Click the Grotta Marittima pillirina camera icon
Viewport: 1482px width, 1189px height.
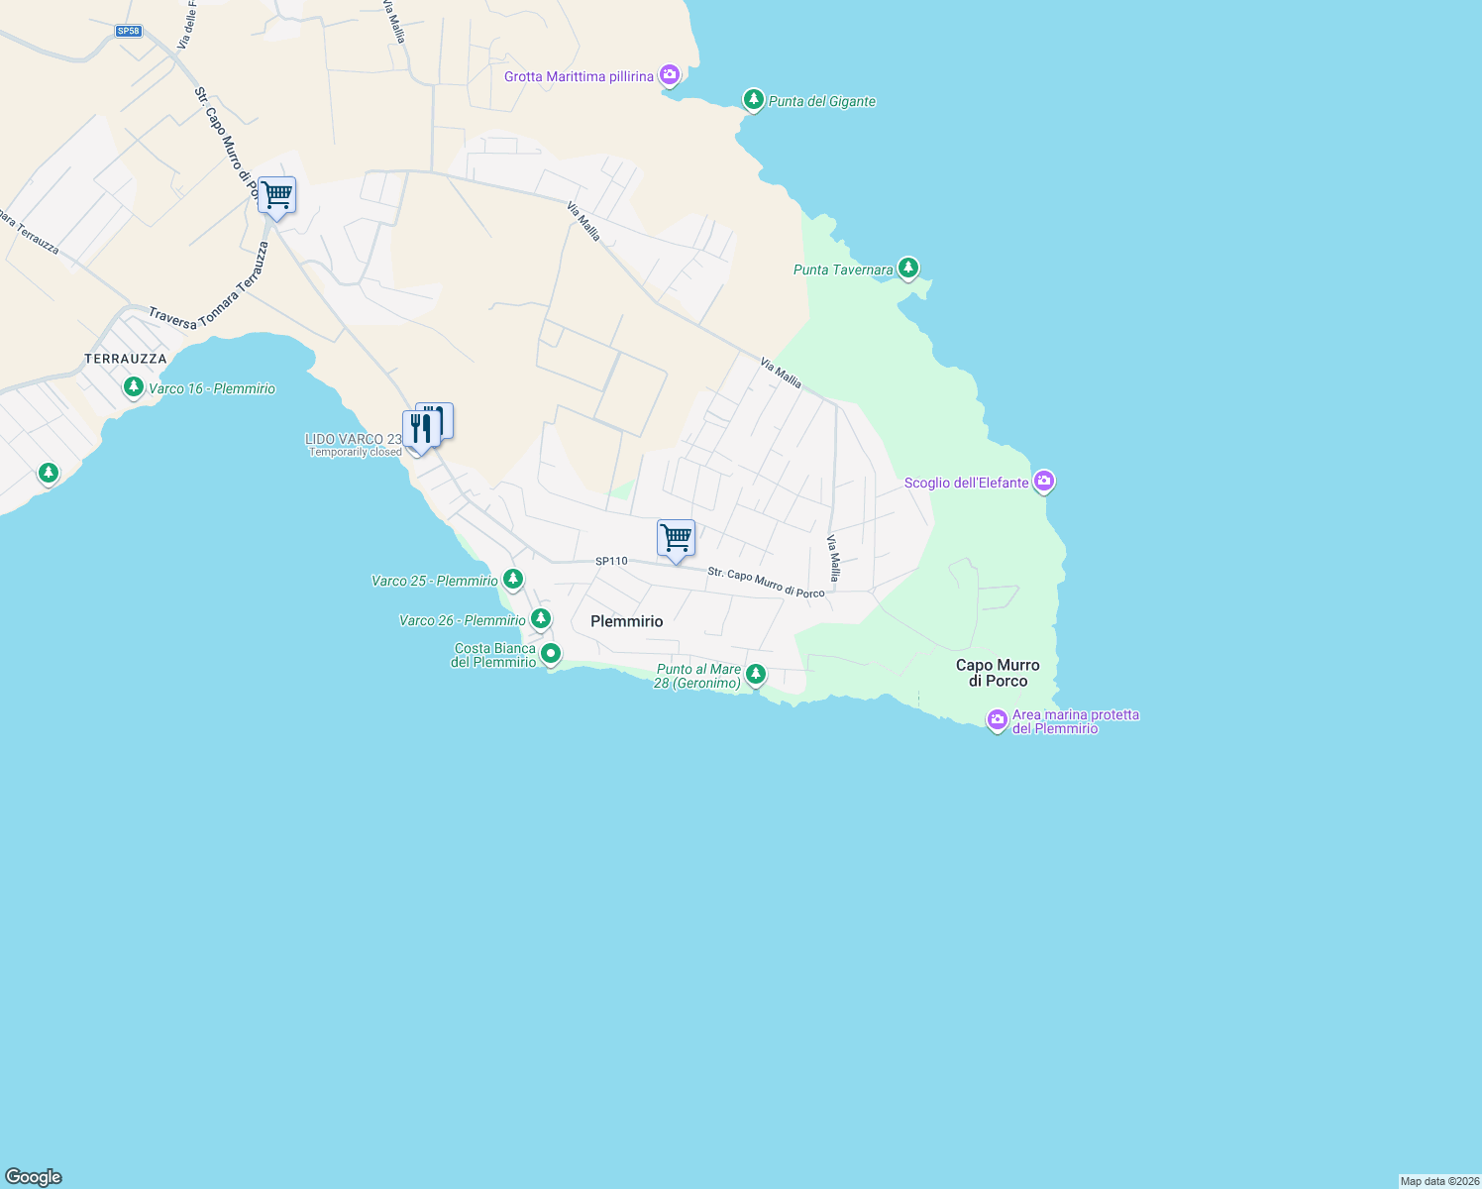pos(670,74)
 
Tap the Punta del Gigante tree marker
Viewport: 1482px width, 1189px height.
pos(753,99)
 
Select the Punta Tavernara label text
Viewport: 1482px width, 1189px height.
pos(843,270)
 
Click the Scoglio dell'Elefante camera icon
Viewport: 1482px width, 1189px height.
pos(1043,482)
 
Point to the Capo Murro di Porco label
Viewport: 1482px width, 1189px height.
pos(998,673)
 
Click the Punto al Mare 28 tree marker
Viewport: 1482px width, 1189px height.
pos(756,674)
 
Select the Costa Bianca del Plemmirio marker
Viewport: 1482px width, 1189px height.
pos(551,654)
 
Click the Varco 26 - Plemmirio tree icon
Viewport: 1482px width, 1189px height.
pos(540,619)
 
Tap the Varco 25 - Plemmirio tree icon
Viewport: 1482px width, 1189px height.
pos(512,579)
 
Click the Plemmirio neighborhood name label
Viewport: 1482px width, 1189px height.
pos(626,621)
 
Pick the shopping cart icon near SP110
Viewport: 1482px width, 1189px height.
pos(676,539)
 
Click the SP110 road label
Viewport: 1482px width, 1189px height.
pos(611,561)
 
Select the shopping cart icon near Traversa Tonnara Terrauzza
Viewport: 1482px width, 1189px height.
pos(276,195)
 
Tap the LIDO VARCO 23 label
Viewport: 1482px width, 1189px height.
pos(354,439)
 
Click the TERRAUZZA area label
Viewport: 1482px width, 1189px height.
pos(126,359)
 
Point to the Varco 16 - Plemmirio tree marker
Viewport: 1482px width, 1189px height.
pos(133,386)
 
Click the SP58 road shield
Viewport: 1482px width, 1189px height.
pos(129,31)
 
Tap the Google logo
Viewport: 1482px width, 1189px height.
pos(34,1177)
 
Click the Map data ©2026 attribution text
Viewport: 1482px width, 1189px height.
pos(1439,1181)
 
